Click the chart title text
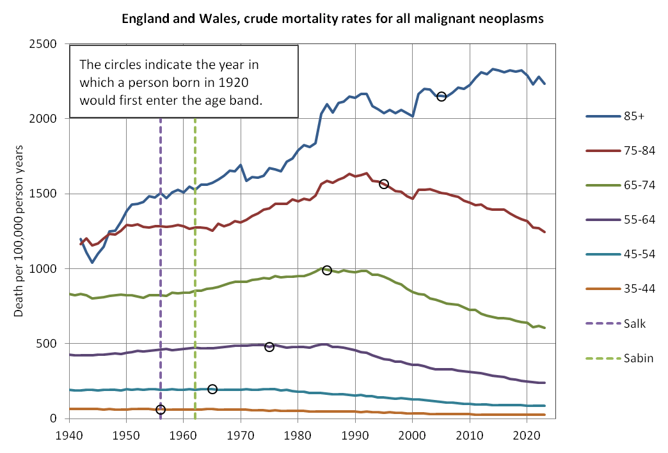click(x=333, y=19)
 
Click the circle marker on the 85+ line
click(x=441, y=96)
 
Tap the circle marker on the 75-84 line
click(x=384, y=184)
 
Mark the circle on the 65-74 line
click(x=327, y=270)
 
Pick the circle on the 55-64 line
click(x=269, y=346)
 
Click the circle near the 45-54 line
click(x=212, y=389)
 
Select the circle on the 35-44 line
click(x=161, y=409)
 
